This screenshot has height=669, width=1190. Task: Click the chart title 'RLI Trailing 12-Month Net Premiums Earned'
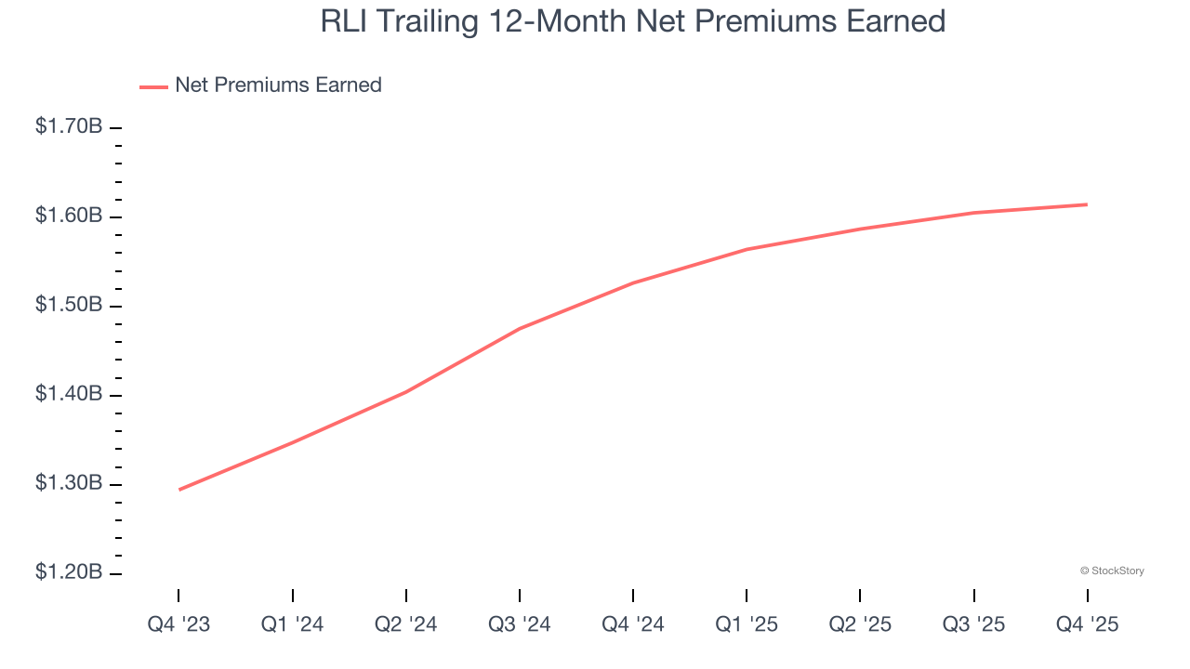pos(632,21)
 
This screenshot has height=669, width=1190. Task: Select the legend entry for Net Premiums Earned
pos(278,85)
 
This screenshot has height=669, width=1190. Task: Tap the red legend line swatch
pos(153,86)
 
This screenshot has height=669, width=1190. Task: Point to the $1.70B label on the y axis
pos(69,126)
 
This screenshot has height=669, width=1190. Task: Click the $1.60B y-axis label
pos(69,216)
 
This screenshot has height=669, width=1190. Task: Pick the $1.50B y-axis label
pos(69,305)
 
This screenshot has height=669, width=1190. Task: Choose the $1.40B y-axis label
pos(69,394)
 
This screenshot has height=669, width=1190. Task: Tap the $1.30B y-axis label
pos(69,483)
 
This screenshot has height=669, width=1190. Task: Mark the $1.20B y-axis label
pos(69,572)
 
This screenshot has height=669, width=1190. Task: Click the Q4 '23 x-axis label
pos(178,624)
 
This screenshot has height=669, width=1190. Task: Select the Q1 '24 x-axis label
pos(293,624)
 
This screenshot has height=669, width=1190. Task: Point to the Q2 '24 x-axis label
pos(406,624)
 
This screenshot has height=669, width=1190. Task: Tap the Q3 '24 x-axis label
pos(520,624)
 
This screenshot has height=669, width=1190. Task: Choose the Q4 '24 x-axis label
pos(633,624)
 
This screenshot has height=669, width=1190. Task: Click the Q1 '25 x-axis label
pos(747,624)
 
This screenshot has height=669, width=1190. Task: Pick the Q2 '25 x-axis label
pos(860,624)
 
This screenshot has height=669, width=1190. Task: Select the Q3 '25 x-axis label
pos(973,624)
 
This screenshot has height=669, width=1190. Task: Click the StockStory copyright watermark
pos(1112,571)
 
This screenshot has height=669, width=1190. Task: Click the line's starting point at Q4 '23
pos(179,490)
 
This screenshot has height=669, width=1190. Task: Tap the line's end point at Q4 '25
pos(1087,204)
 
